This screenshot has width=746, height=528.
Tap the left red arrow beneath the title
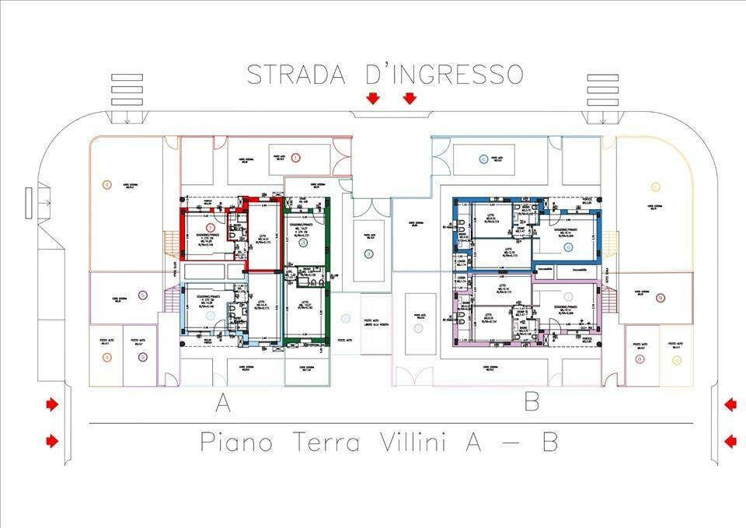(x=373, y=98)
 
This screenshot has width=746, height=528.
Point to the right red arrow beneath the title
(x=410, y=98)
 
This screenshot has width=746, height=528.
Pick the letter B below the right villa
(x=532, y=402)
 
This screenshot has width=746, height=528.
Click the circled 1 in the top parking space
(x=295, y=158)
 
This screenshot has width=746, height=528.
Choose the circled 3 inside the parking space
(x=368, y=254)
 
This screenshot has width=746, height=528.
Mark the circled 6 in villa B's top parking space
(x=483, y=159)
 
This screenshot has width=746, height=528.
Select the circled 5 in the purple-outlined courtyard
(x=142, y=295)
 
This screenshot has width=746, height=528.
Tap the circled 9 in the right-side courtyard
(x=660, y=298)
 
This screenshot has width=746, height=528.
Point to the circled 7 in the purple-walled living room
(x=569, y=296)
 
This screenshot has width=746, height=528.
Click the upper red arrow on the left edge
(x=52, y=404)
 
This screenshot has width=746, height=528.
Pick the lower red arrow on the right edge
(x=730, y=442)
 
